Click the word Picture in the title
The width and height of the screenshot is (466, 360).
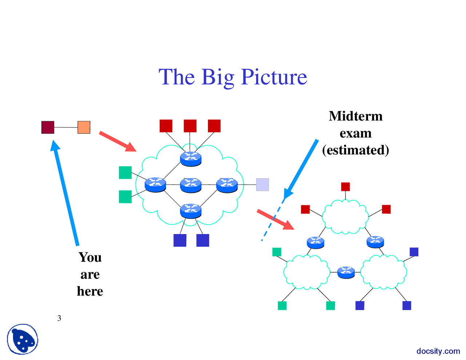[274, 77]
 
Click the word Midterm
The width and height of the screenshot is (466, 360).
[355, 116]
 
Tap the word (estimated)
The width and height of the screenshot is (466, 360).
[355, 150]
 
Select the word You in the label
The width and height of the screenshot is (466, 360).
[90, 257]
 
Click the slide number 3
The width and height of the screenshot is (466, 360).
[59, 318]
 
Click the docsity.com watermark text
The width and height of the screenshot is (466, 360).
[438, 351]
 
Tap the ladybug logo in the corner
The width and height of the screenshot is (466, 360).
[23, 339]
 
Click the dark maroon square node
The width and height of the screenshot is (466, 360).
[48, 127]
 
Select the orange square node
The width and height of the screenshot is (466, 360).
[84, 127]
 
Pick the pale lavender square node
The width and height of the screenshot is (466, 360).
[262, 185]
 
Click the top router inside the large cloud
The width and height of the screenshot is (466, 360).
[191, 159]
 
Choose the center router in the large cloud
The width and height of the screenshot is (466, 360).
[191, 185]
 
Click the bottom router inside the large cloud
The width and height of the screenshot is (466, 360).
[191, 211]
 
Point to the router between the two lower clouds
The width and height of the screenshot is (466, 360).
[345, 272]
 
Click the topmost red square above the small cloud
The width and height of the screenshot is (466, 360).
[345, 187]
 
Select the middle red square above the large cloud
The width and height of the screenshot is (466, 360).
[190, 126]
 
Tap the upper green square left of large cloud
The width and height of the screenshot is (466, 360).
[125, 173]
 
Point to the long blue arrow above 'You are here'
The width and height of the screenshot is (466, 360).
[66, 193]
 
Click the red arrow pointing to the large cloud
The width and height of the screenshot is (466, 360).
[117, 141]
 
